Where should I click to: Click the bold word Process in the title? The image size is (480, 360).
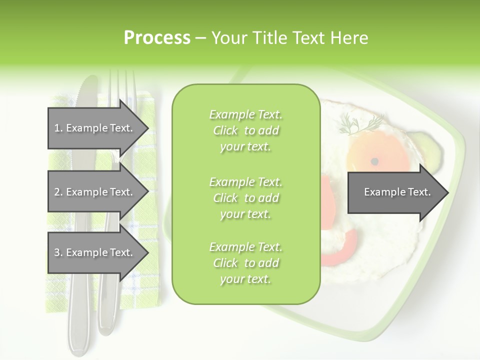157,38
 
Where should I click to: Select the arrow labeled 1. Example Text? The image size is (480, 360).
95,128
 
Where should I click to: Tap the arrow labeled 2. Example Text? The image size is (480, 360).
95,192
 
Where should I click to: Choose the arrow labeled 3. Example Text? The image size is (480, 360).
95,253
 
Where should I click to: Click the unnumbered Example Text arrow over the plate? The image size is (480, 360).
397,192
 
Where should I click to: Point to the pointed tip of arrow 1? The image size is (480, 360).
147,128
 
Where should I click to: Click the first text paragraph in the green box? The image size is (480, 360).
245,130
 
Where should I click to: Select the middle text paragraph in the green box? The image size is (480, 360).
245,197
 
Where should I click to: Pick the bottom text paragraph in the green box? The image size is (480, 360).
245,263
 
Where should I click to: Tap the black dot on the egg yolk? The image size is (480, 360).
374,161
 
